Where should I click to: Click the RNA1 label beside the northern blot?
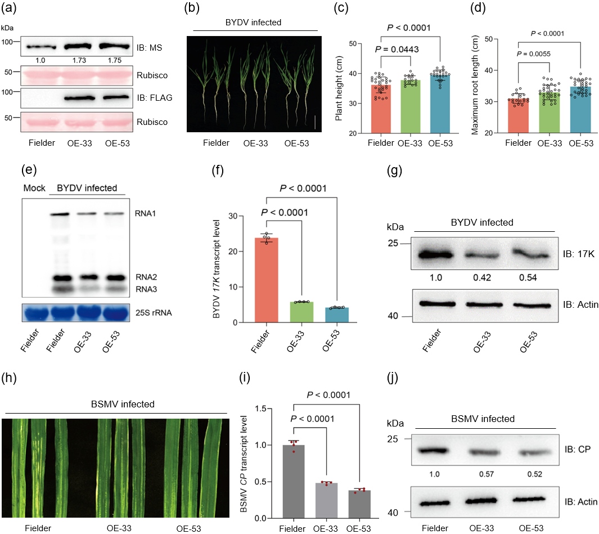146,214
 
